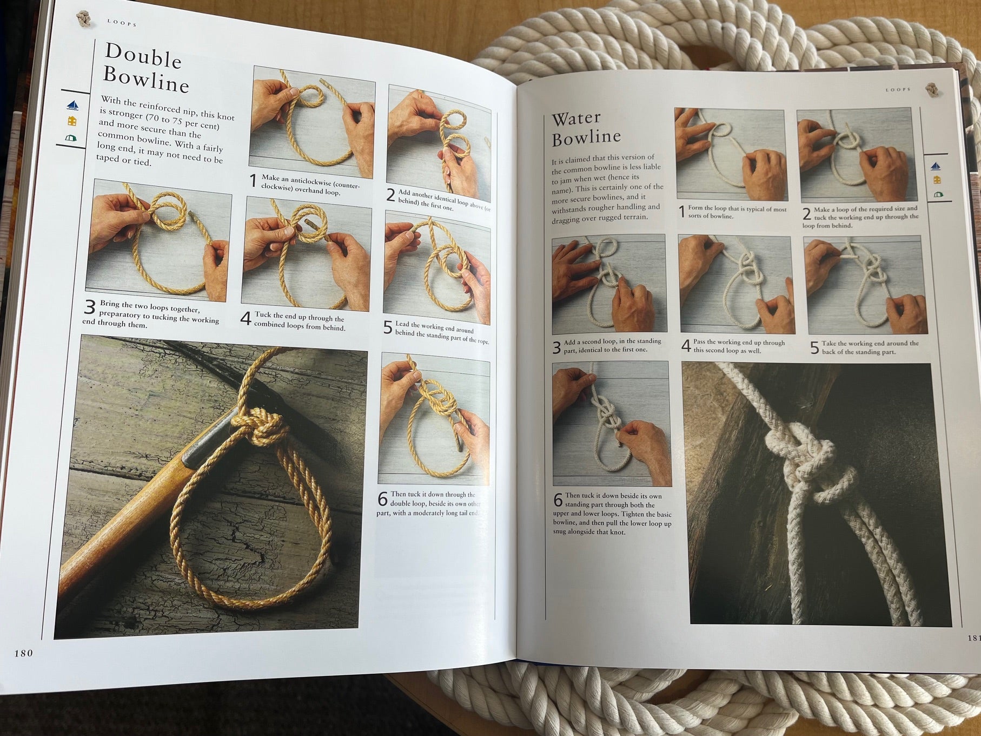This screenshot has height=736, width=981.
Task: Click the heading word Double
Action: [143, 56]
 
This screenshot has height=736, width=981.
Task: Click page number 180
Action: [23, 653]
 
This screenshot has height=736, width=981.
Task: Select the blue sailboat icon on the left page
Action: [72, 104]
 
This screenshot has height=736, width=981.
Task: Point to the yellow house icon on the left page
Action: [72, 121]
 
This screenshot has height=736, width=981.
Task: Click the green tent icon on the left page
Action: [70, 139]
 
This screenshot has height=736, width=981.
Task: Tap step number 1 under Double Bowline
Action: [253, 181]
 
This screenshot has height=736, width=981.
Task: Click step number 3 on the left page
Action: [90, 307]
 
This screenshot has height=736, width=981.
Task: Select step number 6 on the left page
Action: [383, 499]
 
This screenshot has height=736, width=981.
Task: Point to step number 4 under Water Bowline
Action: [686, 346]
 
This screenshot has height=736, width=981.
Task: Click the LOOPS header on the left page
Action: [122, 24]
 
